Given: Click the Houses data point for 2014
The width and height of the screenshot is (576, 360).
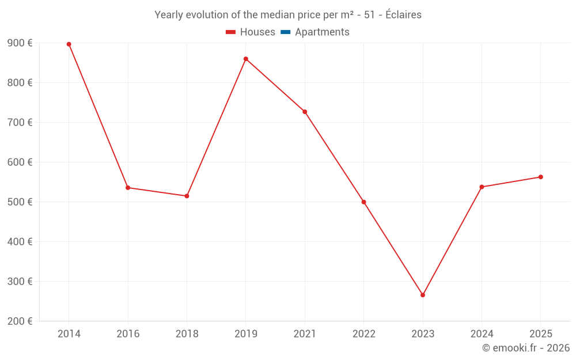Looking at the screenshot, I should [69, 44].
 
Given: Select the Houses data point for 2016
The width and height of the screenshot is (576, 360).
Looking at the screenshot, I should [128, 188].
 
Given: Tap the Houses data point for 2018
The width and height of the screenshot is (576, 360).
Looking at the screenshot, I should [187, 196].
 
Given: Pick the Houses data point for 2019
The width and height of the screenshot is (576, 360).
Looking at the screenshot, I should [246, 59].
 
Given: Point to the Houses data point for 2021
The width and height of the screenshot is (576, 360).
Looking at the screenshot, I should [305, 112].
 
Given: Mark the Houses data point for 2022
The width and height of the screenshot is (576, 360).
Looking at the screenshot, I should [364, 202].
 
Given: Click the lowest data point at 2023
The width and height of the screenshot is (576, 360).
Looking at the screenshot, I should [423, 295].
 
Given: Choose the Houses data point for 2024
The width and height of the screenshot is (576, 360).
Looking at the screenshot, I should [482, 187].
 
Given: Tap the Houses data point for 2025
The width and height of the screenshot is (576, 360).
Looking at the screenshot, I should [541, 177].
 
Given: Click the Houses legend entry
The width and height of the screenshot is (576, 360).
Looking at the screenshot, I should [251, 32].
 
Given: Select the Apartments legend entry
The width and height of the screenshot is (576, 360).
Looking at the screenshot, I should [315, 32].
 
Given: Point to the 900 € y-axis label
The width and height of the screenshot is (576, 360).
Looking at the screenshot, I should [20, 43].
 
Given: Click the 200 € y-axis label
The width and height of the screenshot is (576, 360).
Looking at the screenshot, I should [20, 321].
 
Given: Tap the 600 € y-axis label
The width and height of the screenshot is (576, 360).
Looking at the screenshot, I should [20, 162].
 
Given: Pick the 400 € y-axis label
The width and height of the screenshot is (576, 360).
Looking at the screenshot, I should [20, 242].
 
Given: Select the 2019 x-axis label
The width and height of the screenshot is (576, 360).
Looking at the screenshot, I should [246, 334].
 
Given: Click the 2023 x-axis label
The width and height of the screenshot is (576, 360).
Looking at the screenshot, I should [423, 334].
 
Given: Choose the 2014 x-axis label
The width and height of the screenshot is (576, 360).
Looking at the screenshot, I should [69, 334].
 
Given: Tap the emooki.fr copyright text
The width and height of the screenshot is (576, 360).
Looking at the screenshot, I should [526, 348].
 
